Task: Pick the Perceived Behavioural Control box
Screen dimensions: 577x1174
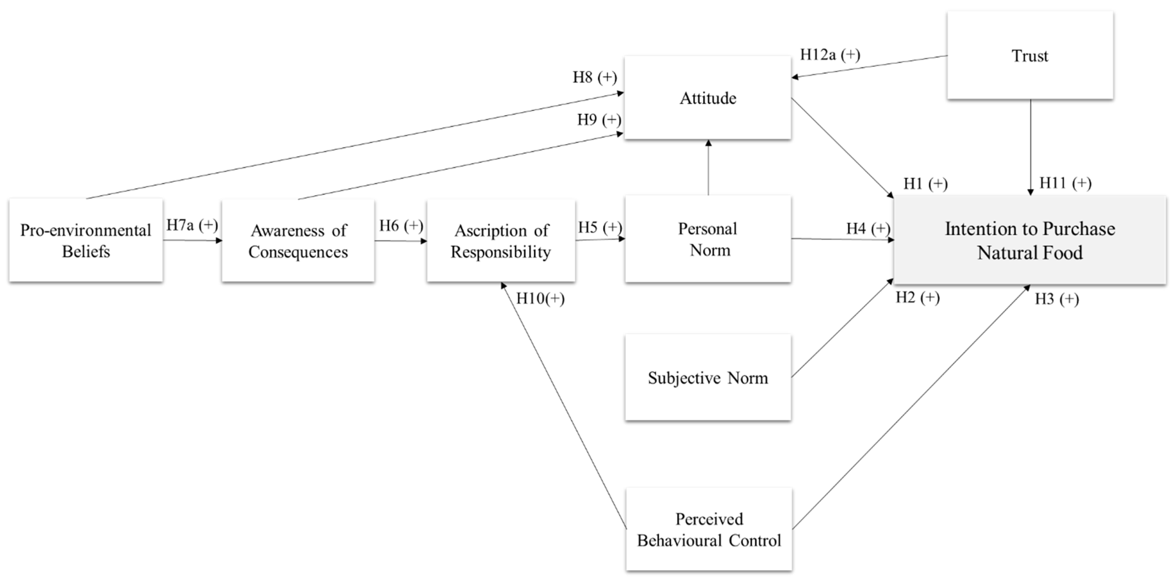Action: (x=709, y=529)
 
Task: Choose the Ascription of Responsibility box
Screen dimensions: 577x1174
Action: (x=500, y=241)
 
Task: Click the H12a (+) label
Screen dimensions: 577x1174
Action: (x=830, y=55)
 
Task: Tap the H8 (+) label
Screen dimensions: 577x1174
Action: (x=594, y=77)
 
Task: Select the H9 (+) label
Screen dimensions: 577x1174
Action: (x=599, y=120)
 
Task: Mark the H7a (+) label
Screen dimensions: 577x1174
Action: (x=192, y=225)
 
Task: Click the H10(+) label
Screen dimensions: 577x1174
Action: (x=540, y=299)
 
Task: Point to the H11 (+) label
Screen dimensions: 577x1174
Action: (x=1065, y=183)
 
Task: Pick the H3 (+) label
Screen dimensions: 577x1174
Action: (x=1057, y=299)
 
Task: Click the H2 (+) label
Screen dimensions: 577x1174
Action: (x=918, y=298)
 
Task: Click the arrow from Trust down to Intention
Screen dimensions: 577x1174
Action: (x=1030, y=146)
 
